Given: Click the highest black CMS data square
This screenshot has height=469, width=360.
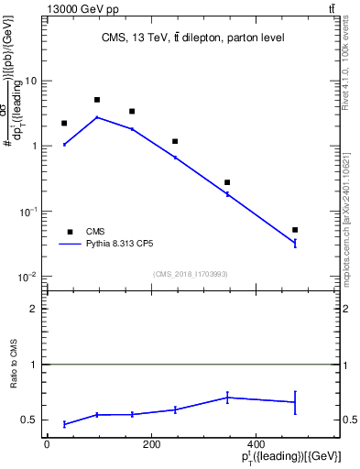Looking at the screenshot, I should [97, 100].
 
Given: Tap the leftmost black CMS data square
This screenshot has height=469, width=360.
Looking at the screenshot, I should [64, 123].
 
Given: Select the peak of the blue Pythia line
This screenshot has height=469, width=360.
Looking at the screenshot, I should [97, 117].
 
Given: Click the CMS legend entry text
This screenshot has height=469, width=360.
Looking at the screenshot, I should [95, 232].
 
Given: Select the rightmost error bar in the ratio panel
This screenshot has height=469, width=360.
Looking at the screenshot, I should [295, 402].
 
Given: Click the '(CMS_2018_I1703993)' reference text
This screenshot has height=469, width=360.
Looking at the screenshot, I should [191, 274].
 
